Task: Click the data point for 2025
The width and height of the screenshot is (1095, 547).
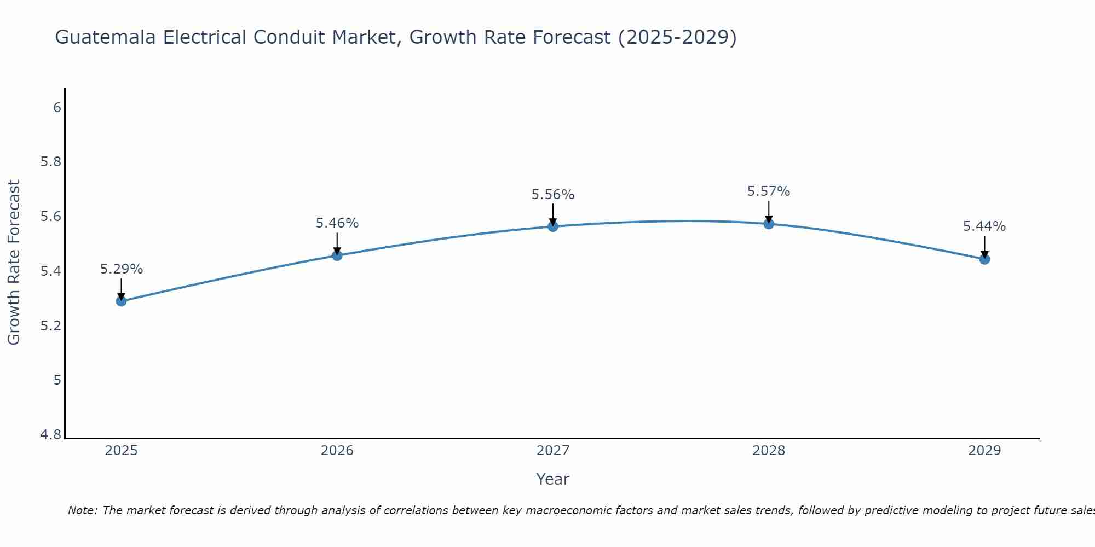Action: pyautogui.click(x=121, y=301)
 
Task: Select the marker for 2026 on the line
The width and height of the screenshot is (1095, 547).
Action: pyautogui.click(x=337, y=255)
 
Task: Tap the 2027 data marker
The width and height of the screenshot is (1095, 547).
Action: pyautogui.click(x=552, y=226)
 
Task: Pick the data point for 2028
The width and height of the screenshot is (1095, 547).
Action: pyautogui.click(x=768, y=224)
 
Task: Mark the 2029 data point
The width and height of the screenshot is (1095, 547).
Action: pyautogui.click(x=984, y=259)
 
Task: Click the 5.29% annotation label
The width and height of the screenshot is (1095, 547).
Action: pyautogui.click(x=122, y=269)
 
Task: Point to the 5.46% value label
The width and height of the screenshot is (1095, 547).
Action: pyautogui.click(x=337, y=223)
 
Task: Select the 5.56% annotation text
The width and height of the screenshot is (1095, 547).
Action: pyautogui.click(x=553, y=195)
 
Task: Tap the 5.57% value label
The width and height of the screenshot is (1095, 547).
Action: pyautogui.click(x=769, y=191)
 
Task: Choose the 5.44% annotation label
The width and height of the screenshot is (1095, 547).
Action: pyautogui.click(x=984, y=226)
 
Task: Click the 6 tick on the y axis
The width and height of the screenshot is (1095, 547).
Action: pyautogui.click(x=57, y=107)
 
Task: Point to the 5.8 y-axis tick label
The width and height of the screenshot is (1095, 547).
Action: pyautogui.click(x=51, y=162)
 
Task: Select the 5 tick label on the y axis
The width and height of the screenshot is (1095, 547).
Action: pyautogui.click(x=57, y=380)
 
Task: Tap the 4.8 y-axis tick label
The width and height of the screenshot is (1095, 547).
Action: pyautogui.click(x=51, y=435)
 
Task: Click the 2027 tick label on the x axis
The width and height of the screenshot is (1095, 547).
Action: pyautogui.click(x=553, y=451)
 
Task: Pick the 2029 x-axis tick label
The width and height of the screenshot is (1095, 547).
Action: pyautogui.click(x=984, y=451)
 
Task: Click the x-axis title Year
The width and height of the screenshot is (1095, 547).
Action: pyautogui.click(x=552, y=479)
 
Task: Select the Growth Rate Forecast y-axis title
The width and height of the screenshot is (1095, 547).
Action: pyautogui.click(x=14, y=262)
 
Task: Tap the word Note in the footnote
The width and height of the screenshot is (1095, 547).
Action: pyautogui.click(x=82, y=510)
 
